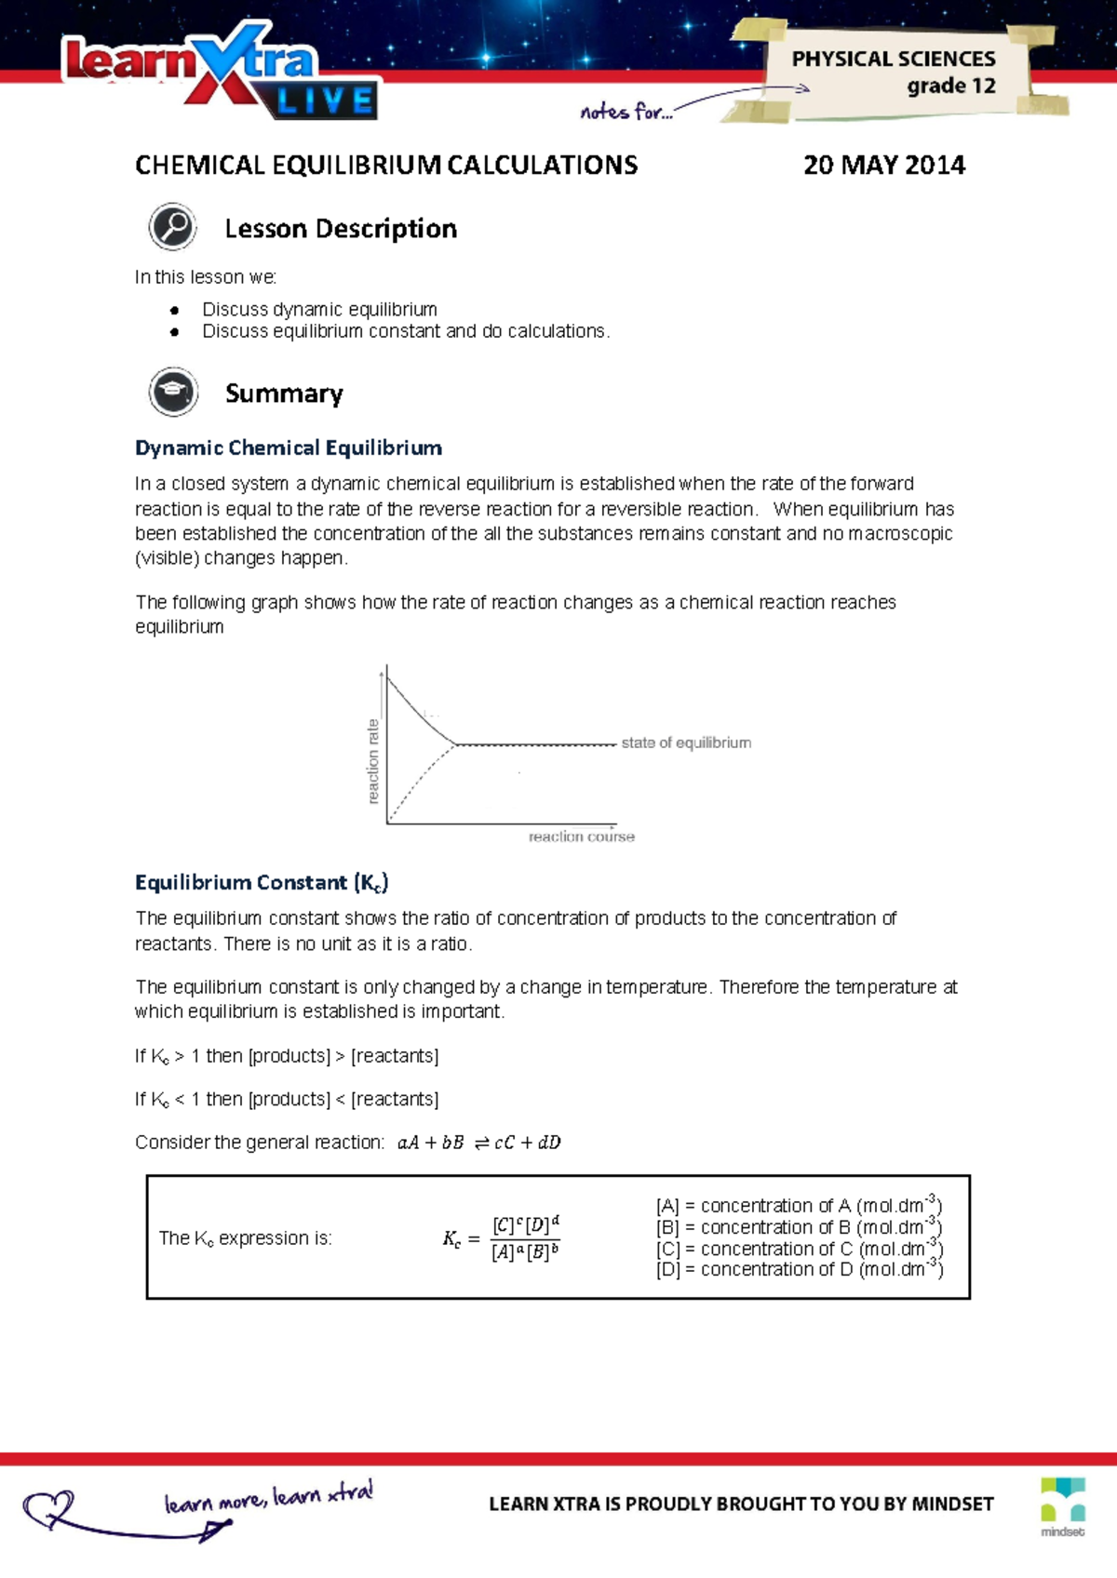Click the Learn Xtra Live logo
220,73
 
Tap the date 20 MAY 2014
883,166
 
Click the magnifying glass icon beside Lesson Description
172,227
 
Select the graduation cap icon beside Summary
173,392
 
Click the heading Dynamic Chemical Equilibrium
288,448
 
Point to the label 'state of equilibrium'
686,742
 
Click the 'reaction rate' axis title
373,760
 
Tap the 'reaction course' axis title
581,836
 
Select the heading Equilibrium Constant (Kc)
262,882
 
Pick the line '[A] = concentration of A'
799,1205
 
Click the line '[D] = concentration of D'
799,1269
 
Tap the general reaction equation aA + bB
478,1143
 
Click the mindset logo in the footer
1063,1505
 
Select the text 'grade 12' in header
950,86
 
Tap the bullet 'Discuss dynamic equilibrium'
319,309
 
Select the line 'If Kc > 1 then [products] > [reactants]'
287,1056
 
